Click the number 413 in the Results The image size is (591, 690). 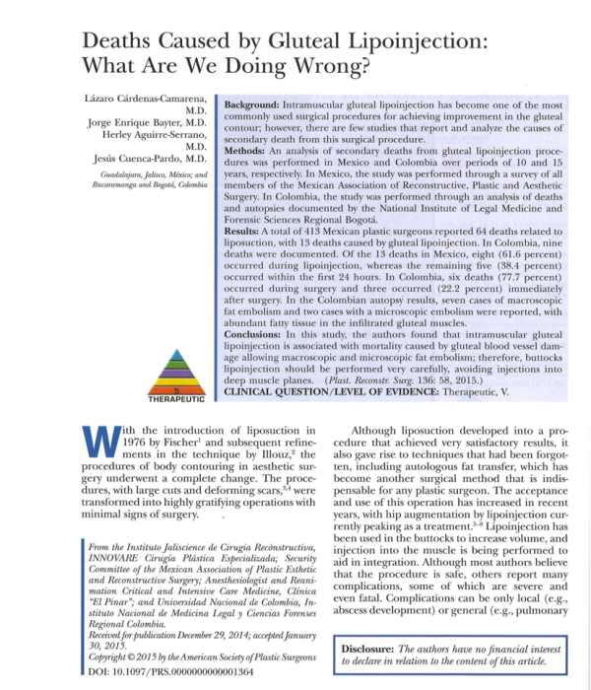pyautogui.click(x=320, y=258)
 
